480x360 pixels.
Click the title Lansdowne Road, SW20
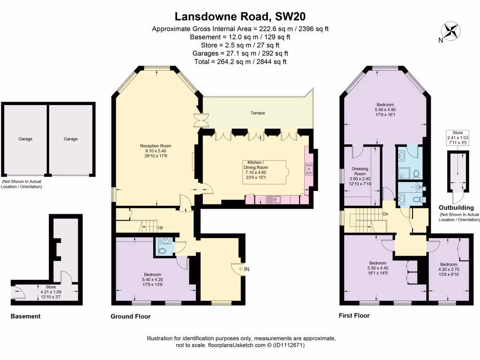point(240,16)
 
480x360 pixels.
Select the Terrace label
point(257,113)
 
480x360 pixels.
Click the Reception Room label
point(153,146)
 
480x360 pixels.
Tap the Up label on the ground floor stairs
point(160,228)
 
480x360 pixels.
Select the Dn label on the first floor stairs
point(385,214)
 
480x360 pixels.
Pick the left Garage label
point(25,139)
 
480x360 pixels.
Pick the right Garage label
point(71,139)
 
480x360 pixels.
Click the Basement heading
point(25,316)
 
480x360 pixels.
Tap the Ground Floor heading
point(130,316)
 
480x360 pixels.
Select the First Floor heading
point(354,315)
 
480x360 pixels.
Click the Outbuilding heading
point(456,208)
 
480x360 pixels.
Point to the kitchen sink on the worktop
point(272,200)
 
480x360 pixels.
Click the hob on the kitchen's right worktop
point(309,169)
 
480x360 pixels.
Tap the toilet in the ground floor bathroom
point(162,250)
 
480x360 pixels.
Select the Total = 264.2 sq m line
point(240,61)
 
